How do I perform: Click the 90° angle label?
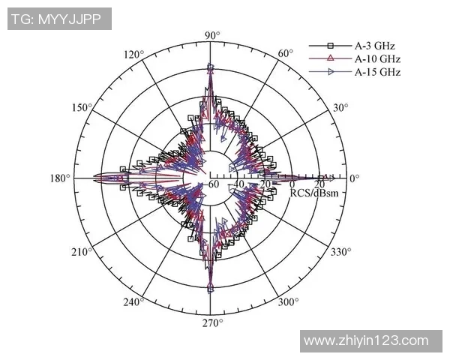click(x=212, y=35)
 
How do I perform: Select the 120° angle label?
click(x=133, y=55)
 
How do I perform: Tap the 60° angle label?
click(x=286, y=54)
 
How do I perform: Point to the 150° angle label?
click(x=82, y=108)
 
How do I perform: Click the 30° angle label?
click(x=340, y=108)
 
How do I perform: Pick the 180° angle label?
click(x=60, y=178)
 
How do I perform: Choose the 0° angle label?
click(x=355, y=178)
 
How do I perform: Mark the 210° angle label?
click(x=82, y=251)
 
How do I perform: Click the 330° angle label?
click(x=340, y=251)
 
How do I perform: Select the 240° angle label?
click(x=133, y=302)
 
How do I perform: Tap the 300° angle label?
click(x=288, y=302)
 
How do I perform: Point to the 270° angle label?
click(x=212, y=323)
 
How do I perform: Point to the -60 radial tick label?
click(x=213, y=184)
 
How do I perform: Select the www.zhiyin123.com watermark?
click(x=373, y=340)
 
